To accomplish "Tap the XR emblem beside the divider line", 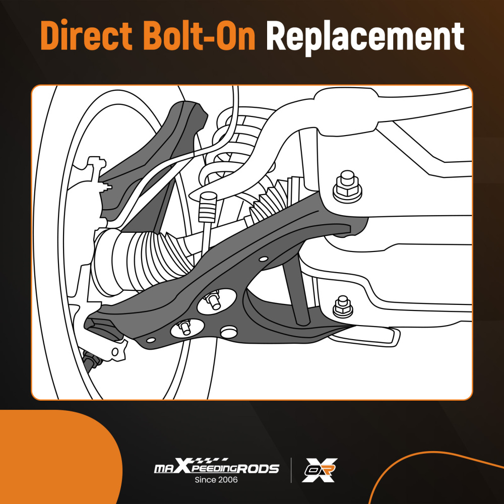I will [319, 470].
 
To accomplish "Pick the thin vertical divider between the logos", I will [291, 470].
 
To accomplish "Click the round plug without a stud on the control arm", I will [229, 332].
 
